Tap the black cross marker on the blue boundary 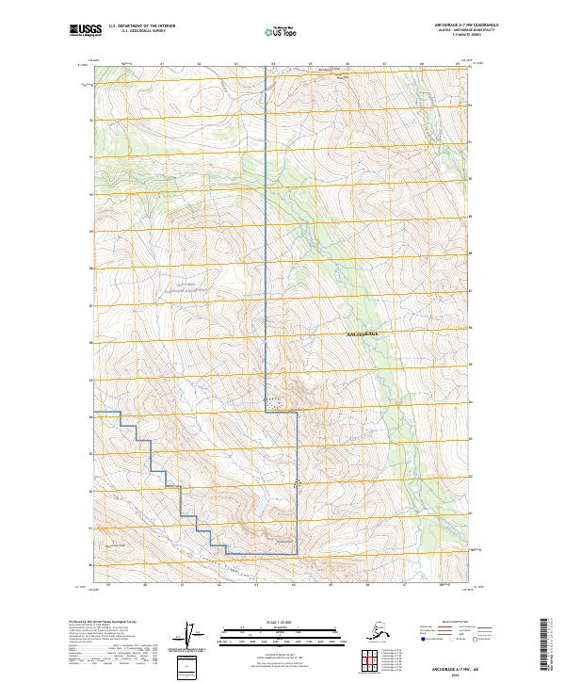(x=299, y=483)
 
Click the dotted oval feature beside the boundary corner (x=274, y=402)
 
